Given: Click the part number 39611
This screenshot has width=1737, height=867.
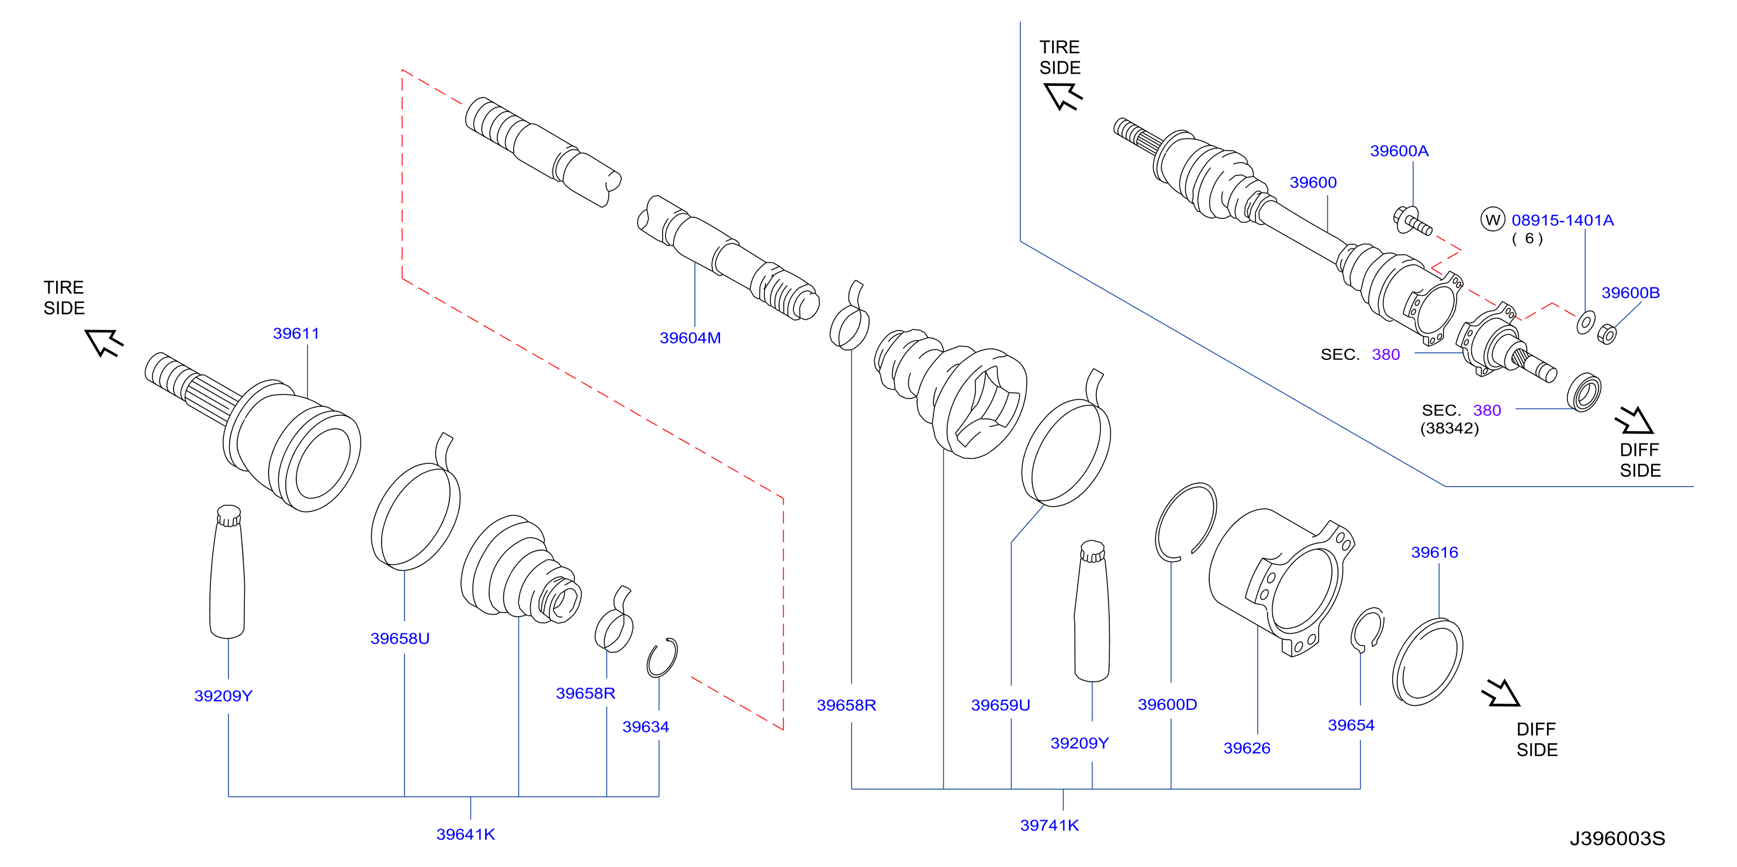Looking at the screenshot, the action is pos(296,333).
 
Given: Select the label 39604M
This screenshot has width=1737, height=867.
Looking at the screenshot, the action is pos(690,338).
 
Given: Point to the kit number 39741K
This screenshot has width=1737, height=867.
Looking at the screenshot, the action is pos(1049,824).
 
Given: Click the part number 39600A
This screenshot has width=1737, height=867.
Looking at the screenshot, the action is pos(1399,150).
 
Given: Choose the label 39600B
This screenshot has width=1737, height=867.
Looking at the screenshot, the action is pos(1631,292).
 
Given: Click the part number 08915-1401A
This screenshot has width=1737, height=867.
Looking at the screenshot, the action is pos(1562,220).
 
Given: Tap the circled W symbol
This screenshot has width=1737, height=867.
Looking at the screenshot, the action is pos(1492,219).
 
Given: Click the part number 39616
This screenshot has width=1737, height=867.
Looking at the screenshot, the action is pos(1434,552).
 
